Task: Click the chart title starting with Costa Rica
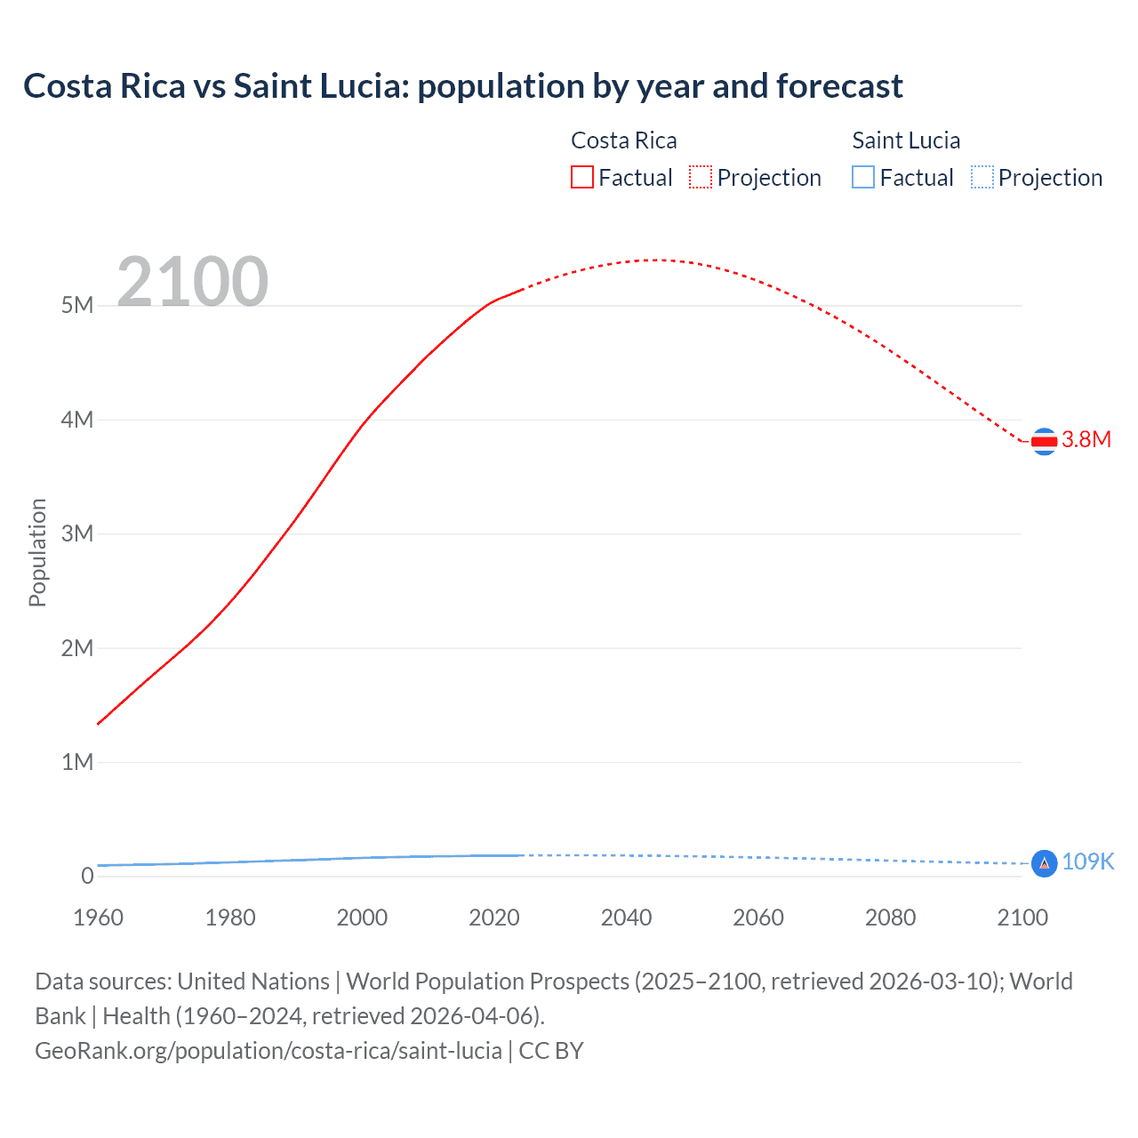pyautogui.click(x=462, y=86)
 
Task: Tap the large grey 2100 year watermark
pyautogui.click(x=192, y=282)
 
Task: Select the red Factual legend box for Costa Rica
pyautogui.click(x=582, y=178)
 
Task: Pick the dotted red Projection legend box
pyautogui.click(x=701, y=178)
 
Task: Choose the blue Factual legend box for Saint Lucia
pyautogui.click(x=863, y=178)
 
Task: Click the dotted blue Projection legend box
pyautogui.click(x=982, y=178)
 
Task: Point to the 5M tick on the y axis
pyautogui.click(x=77, y=306)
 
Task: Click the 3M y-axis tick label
pyautogui.click(x=77, y=533)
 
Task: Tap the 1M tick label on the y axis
pyautogui.click(x=77, y=762)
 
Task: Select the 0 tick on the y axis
pyautogui.click(x=87, y=876)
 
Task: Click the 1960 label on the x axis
pyautogui.click(x=98, y=918)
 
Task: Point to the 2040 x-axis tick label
pyautogui.click(x=626, y=918)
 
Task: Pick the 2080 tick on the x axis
pyautogui.click(x=890, y=918)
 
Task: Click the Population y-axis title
pyautogui.click(x=37, y=552)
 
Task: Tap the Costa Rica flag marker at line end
pyautogui.click(x=1044, y=441)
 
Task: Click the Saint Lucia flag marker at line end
pyautogui.click(x=1044, y=863)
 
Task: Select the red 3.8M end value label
pyautogui.click(x=1086, y=440)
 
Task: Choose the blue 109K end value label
pyautogui.click(x=1088, y=862)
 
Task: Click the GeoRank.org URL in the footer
pyautogui.click(x=268, y=1051)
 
